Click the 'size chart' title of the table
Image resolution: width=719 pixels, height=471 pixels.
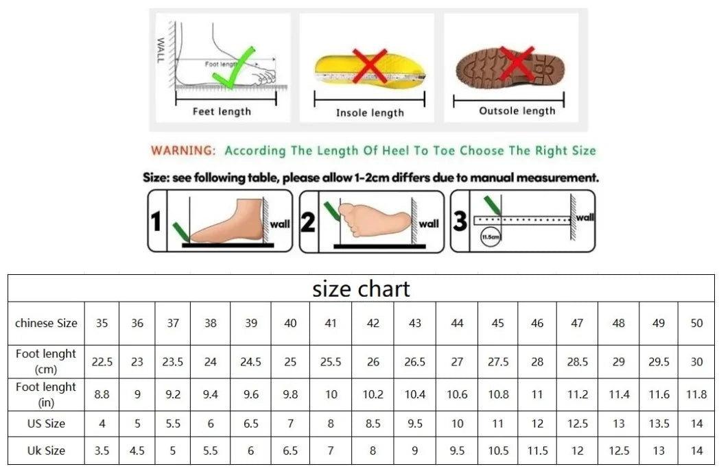361,289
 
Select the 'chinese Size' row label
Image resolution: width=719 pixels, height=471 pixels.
46,323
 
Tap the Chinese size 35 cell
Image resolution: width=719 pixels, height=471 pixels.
102,323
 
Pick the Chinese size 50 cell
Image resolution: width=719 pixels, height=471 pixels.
696,323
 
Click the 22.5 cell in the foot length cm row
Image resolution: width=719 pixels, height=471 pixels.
102,361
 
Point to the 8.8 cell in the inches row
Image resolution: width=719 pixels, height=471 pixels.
102,394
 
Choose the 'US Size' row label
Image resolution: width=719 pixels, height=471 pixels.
46,424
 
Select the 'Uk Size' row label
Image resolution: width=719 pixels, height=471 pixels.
46,450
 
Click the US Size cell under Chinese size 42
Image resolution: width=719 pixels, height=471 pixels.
373,424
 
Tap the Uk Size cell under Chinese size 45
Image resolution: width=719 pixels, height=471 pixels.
498,450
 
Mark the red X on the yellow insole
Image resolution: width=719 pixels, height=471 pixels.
369,67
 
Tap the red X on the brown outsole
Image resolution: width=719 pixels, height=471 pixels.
516,63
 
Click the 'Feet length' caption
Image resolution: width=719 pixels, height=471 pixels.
222,111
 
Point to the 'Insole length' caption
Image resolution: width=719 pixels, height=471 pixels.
370,112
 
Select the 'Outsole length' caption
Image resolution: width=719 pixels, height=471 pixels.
517,110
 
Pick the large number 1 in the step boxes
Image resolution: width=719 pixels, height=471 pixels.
156,221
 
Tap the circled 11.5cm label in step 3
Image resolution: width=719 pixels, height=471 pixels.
490,237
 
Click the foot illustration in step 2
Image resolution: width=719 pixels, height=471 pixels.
374,220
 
